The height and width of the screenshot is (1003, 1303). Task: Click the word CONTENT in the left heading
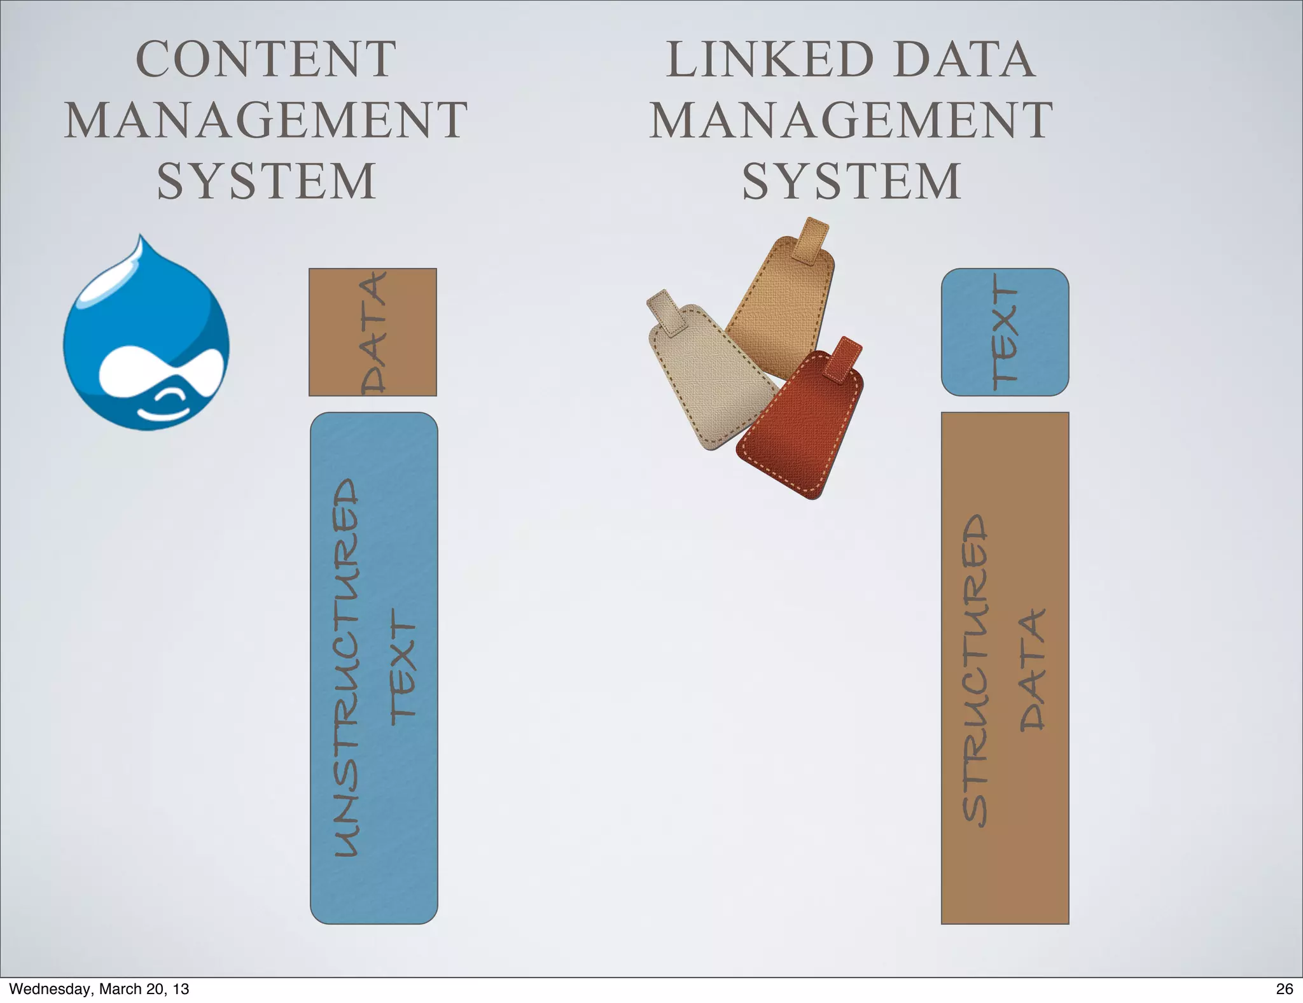pyautogui.click(x=266, y=59)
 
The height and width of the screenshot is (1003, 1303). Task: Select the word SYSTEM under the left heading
pyautogui.click(x=266, y=182)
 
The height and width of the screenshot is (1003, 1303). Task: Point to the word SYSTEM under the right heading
pyautogui.click(x=851, y=182)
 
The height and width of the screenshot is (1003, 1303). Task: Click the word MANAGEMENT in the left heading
pyautogui.click(x=266, y=120)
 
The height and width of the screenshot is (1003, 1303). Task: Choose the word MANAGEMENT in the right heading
pyautogui.click(x=851, y=120)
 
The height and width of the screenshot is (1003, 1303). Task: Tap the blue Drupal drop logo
pyautogui.click(x=146, y=337)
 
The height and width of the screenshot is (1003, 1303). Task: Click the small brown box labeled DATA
pyautogui.click(x=373, y=332)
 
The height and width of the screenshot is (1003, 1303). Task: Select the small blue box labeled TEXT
pyautogui.click(x=1005, y=332)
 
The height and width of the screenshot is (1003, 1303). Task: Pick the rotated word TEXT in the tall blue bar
pyautogui.click(x=403, y=666)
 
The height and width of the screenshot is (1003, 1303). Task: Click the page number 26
pyautogui.click(x=1284, y=988)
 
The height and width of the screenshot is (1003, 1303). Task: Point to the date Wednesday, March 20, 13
pyautogui.click(x=99, y=988)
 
